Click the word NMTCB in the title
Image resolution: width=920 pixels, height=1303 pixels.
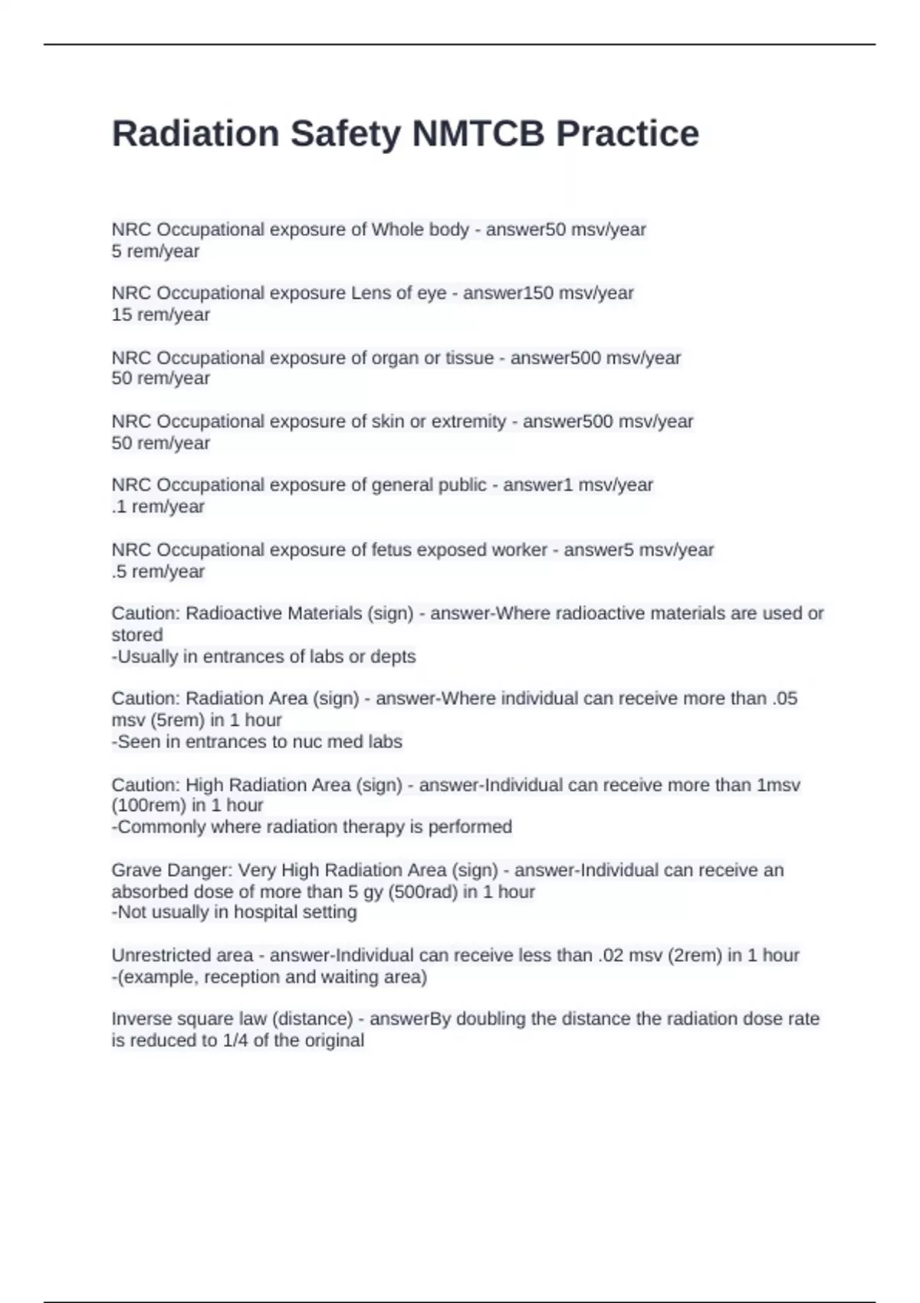[478, 133]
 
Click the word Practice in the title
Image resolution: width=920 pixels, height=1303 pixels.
[627, 133]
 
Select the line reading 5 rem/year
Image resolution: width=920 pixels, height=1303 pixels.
[156, 251]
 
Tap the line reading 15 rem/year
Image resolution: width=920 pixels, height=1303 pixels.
[160, 315]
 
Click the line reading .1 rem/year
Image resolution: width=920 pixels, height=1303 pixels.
[158, 507]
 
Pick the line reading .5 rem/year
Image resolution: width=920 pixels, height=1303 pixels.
[158, 572]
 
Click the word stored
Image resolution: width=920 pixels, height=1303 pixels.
[137, 635]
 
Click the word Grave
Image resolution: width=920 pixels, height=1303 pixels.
[134, 871]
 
